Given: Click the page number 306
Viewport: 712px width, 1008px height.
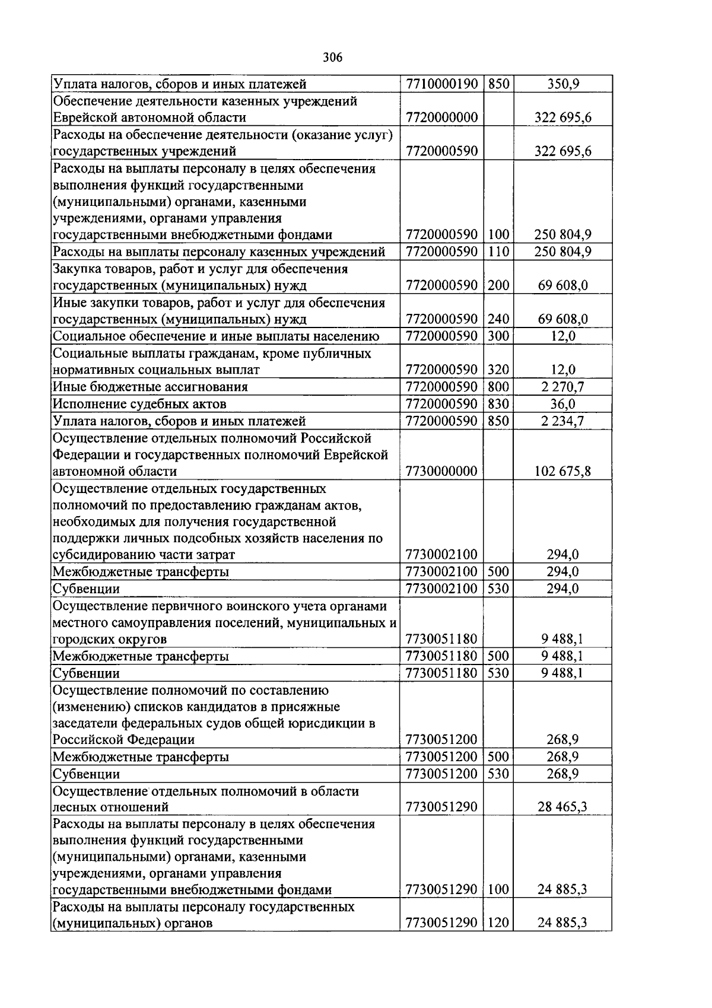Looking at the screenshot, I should (x=333, y=57).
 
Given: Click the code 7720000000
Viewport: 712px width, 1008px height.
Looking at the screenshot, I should (x=442, y=117).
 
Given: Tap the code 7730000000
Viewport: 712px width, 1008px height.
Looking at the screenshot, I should (x=442, y=472).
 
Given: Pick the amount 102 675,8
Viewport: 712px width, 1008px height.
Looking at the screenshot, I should (x=562, y=472).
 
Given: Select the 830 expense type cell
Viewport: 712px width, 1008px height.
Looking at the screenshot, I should (x=498, y=404).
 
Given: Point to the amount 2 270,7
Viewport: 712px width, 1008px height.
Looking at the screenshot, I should (x=562, y=387).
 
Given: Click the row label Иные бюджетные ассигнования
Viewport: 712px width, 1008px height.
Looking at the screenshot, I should (x=150, y=387).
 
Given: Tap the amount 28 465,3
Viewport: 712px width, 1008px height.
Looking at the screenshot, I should (x=562, y=807).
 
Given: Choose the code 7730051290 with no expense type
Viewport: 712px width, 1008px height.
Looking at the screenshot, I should (x=442, y=807).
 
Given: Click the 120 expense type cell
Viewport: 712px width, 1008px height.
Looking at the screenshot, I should (x=498, y=923).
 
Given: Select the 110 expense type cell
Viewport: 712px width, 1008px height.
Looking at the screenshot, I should (x=498, y=252).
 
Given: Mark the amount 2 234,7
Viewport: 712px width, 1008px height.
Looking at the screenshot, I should (x=562, y=421).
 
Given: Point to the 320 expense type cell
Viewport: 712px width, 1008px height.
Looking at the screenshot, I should (x=498, y=370).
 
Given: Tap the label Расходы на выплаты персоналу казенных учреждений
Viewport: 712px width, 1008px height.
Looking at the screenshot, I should (x=219, y=252).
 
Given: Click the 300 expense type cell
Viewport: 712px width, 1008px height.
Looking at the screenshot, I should (x=498, y=336).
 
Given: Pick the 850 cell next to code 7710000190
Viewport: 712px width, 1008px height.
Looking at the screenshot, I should (x=498, y=84).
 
